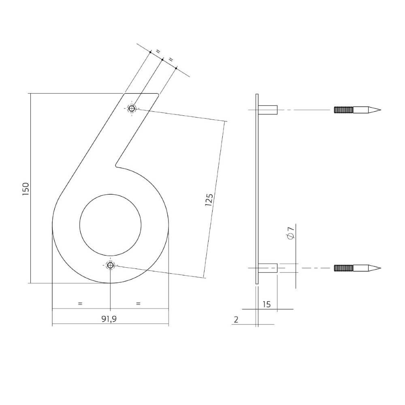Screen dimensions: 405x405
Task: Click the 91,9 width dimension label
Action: (109, 319)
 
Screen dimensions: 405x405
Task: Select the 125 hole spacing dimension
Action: (209, 200)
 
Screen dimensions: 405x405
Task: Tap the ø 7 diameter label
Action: (290, 234)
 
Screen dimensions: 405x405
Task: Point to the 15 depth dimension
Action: (266, 304)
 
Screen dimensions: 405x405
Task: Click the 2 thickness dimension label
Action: (236, 320)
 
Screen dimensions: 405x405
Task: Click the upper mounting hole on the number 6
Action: (132, 108)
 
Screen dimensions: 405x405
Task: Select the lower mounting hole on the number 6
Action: (110, 265)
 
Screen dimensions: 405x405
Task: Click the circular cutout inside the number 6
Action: (110, 225)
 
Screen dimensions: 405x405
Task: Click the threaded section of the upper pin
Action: (343, 110)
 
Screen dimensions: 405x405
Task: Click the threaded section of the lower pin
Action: (343, 268)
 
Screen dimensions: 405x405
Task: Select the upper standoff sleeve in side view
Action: (268, 110)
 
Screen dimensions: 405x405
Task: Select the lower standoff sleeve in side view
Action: (268, 268)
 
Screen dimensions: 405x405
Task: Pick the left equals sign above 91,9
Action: (80, 303)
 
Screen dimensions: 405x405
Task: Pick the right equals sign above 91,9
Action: (138, 303)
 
